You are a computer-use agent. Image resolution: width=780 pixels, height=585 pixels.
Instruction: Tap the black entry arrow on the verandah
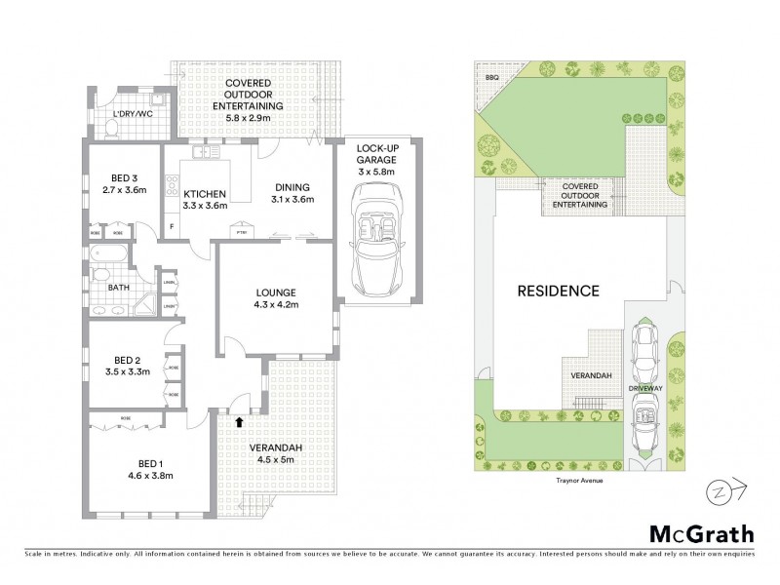[x=241, y=421]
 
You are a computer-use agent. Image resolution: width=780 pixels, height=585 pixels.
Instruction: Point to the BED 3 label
[x=122, y=177]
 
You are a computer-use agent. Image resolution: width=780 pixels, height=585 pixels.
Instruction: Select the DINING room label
[x=292, y=188]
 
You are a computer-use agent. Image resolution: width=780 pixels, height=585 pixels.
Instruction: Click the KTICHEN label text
[x=205, y=193]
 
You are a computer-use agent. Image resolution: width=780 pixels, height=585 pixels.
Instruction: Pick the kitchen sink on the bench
[x=206, y=151]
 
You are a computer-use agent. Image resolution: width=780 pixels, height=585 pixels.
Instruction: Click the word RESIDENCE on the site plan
[x=557, y=291]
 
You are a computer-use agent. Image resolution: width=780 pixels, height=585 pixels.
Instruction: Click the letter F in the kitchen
[x=171, y=227]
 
